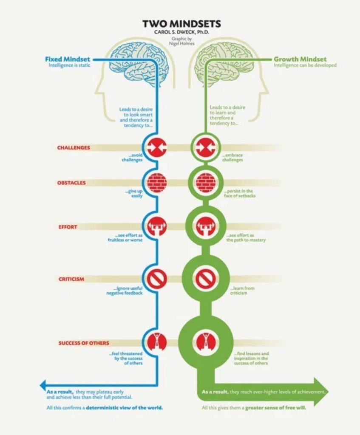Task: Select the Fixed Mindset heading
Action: pyautogui.click(x=68, y=59)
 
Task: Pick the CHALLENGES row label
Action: pyautogui.click(x=74, y=148)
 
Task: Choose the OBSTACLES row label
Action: pyautogui.click(x=71, y=183)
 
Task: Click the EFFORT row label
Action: pyautogui.click(x=68, y=227)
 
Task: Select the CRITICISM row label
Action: pyautogui.click(x=71, y=279)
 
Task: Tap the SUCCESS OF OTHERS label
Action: pyautogui.click(x=84, y=343)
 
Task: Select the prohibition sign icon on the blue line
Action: pyautogui.click(x=156, y=279)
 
